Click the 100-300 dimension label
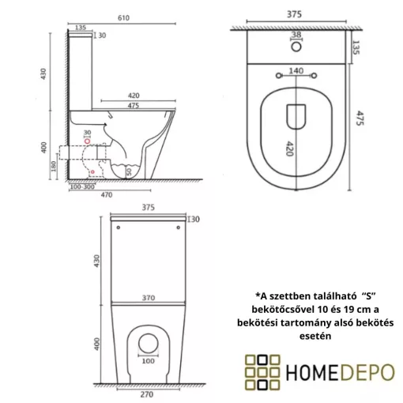[81, 186]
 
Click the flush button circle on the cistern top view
[296, 46]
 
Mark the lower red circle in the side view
[93, 171]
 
